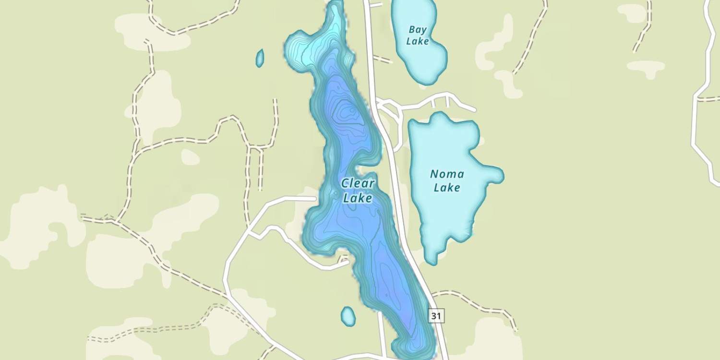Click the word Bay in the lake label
(x=417, y=30)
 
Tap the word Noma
(x=447, y=174)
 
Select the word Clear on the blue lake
(x=358, y=183)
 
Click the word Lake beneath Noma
(x=447, y=187)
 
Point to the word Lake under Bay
(x=417, y=41)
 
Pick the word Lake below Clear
(x=358, y=198)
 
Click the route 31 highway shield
(x=436, y=316)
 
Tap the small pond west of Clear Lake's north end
(x=260, y=58)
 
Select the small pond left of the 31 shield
(x=348, y=316)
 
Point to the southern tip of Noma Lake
(x=432, y=259)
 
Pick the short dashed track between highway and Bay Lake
(x=383, y=59)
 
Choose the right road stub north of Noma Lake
(x=447, y=101)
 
